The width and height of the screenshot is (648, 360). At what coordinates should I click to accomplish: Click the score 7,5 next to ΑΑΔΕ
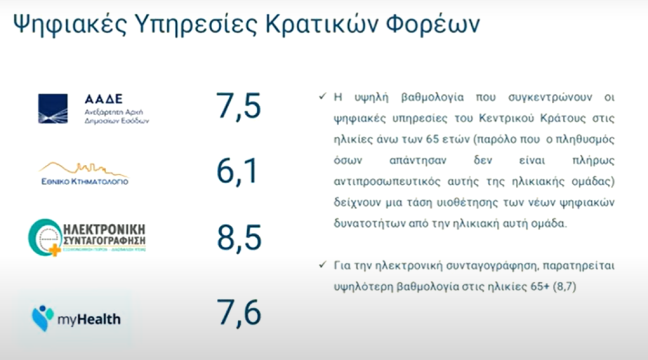coord(238,106)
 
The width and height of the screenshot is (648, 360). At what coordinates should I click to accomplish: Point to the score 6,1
coord(237,171)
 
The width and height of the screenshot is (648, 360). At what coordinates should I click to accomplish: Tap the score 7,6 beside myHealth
coord(239,313)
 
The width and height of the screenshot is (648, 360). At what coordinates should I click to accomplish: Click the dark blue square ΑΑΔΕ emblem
coord(53,109)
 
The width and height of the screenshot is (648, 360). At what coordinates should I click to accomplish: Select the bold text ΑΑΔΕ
coord(103,99)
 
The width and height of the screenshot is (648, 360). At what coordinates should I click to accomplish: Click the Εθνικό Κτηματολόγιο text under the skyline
coord(85,181)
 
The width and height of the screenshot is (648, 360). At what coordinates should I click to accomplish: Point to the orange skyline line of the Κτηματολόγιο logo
coord(84,168)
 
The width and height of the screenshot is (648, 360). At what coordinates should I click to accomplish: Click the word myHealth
coord(89,319)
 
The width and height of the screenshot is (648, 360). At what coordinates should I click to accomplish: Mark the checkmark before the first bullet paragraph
coord(323,97)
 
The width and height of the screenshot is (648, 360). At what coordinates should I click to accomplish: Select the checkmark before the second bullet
coord(323,264)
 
